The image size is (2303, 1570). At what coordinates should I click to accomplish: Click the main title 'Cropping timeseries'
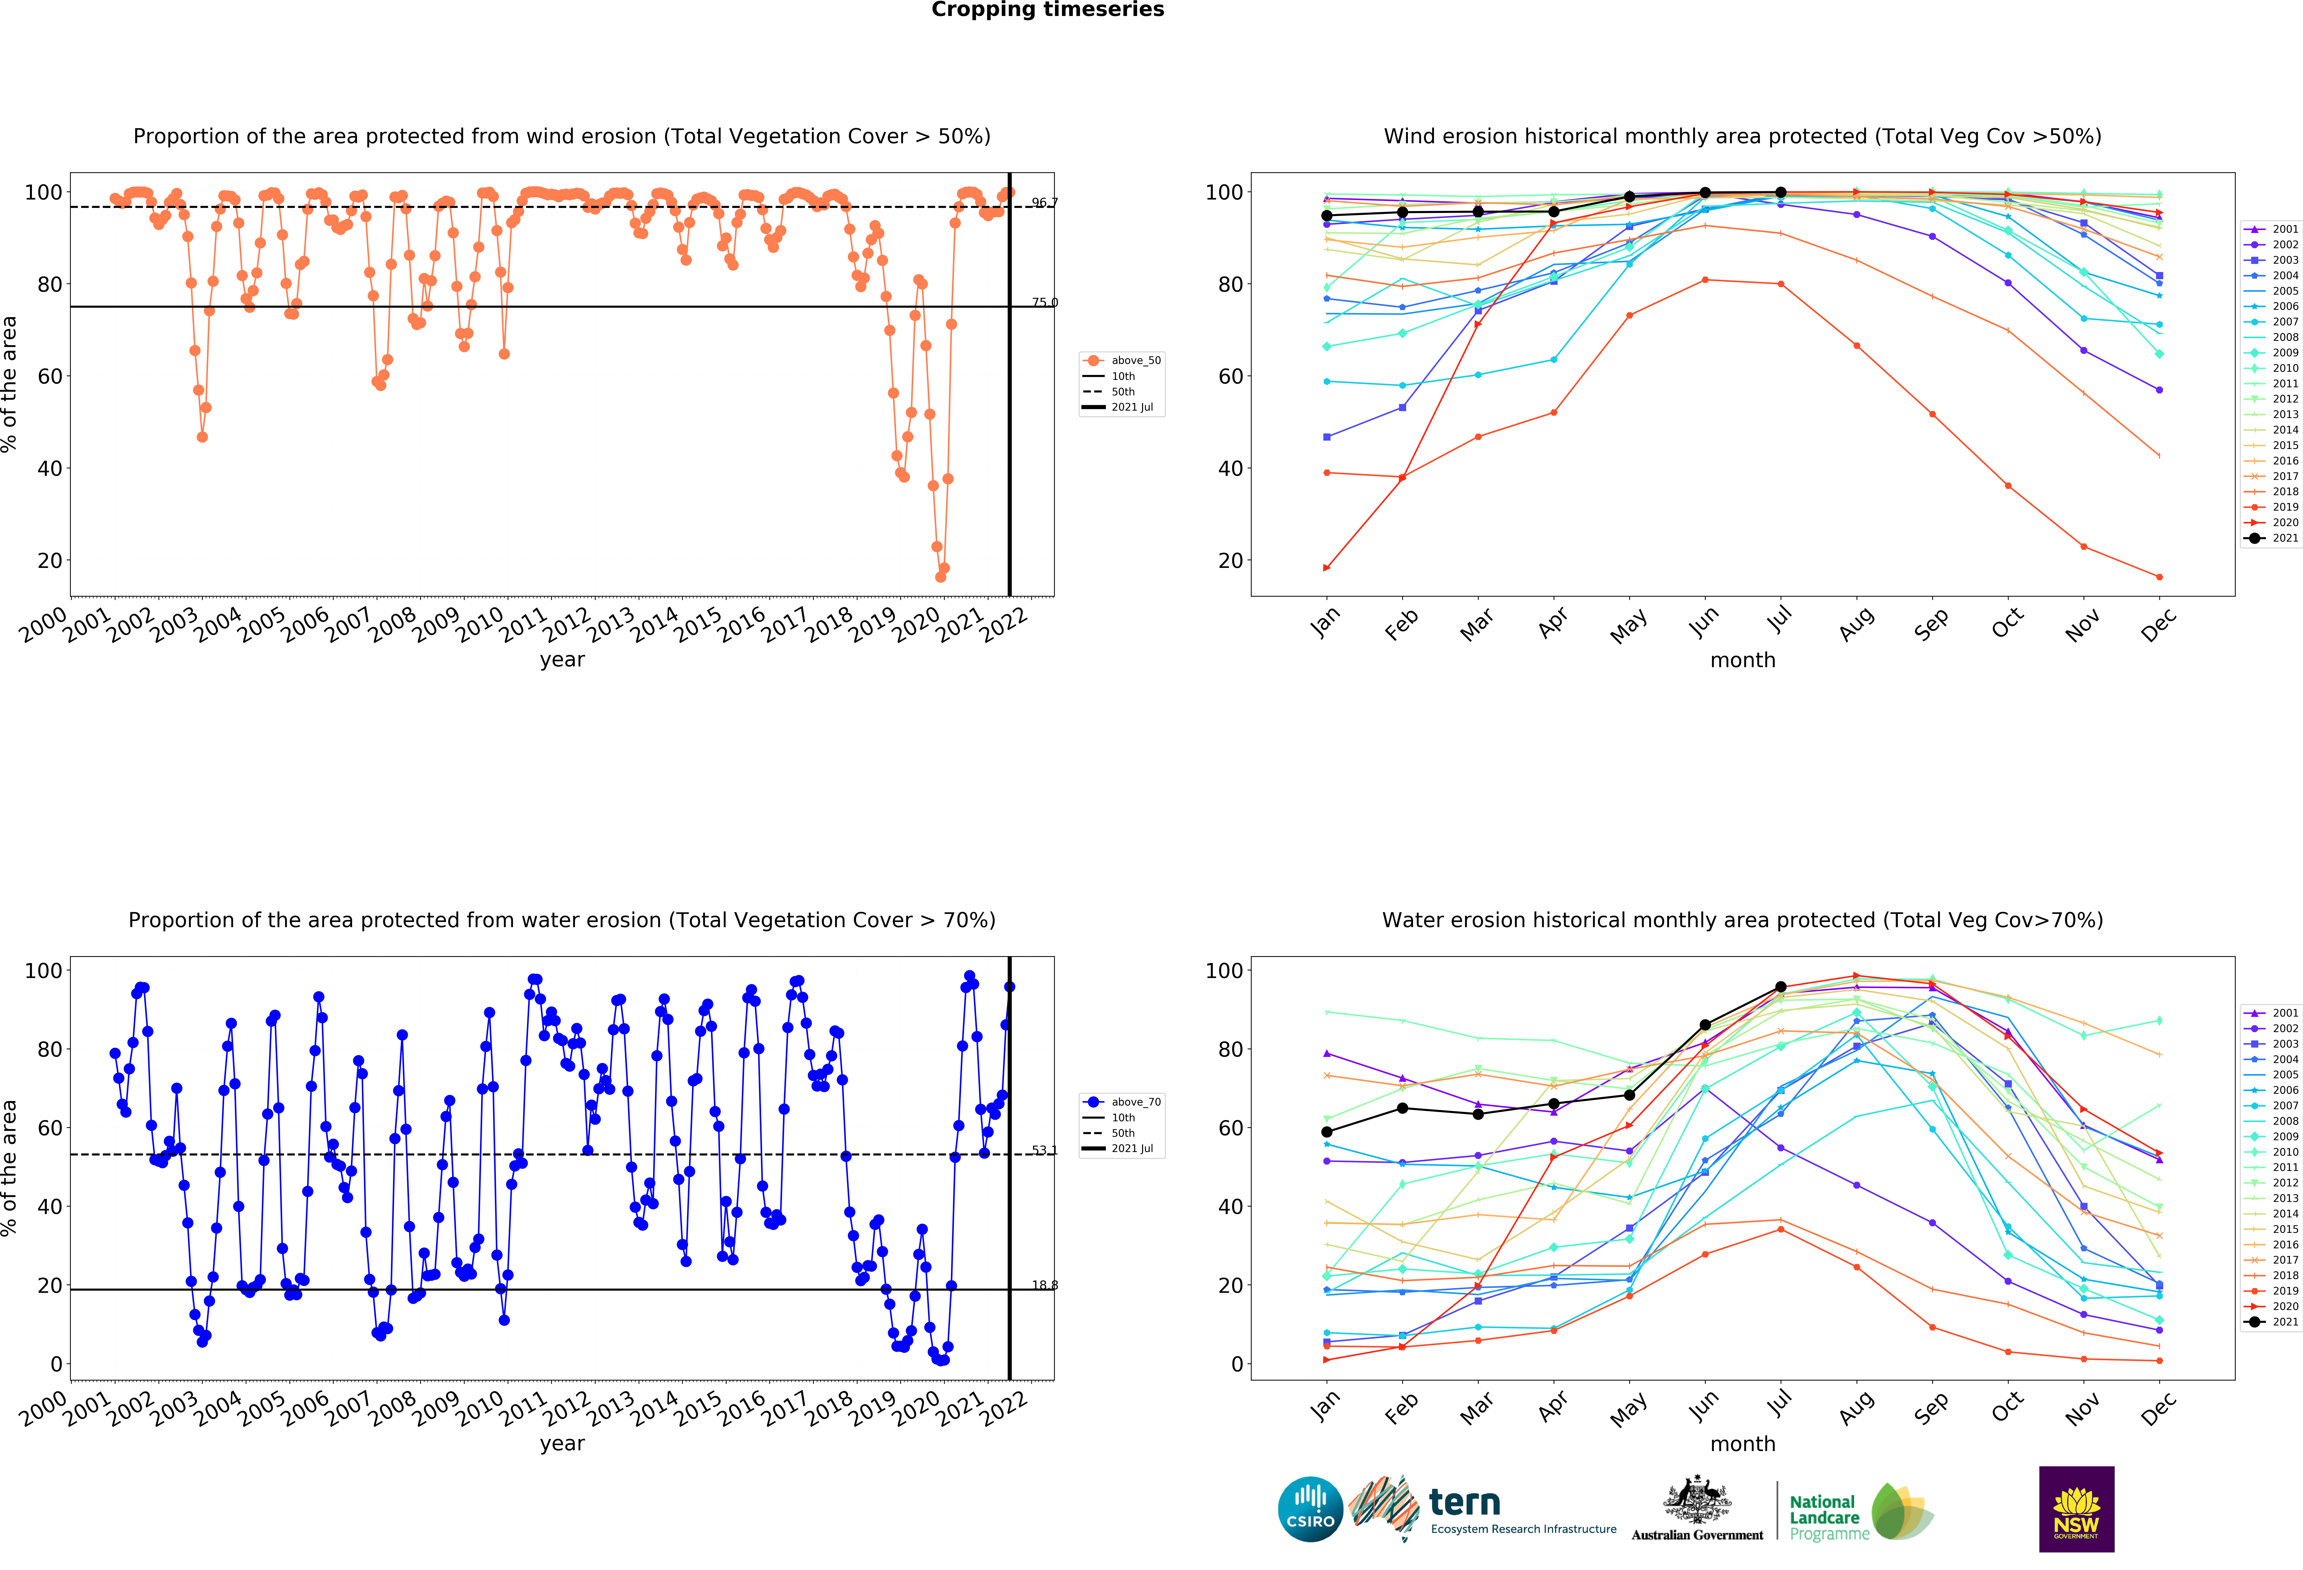point(1047,10)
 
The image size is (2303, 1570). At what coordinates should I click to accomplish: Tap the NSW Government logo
point(2076,1509)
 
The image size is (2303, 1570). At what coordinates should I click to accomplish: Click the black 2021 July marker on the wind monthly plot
point(1781,192)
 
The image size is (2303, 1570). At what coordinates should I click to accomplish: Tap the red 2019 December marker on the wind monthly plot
point(2159,577)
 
